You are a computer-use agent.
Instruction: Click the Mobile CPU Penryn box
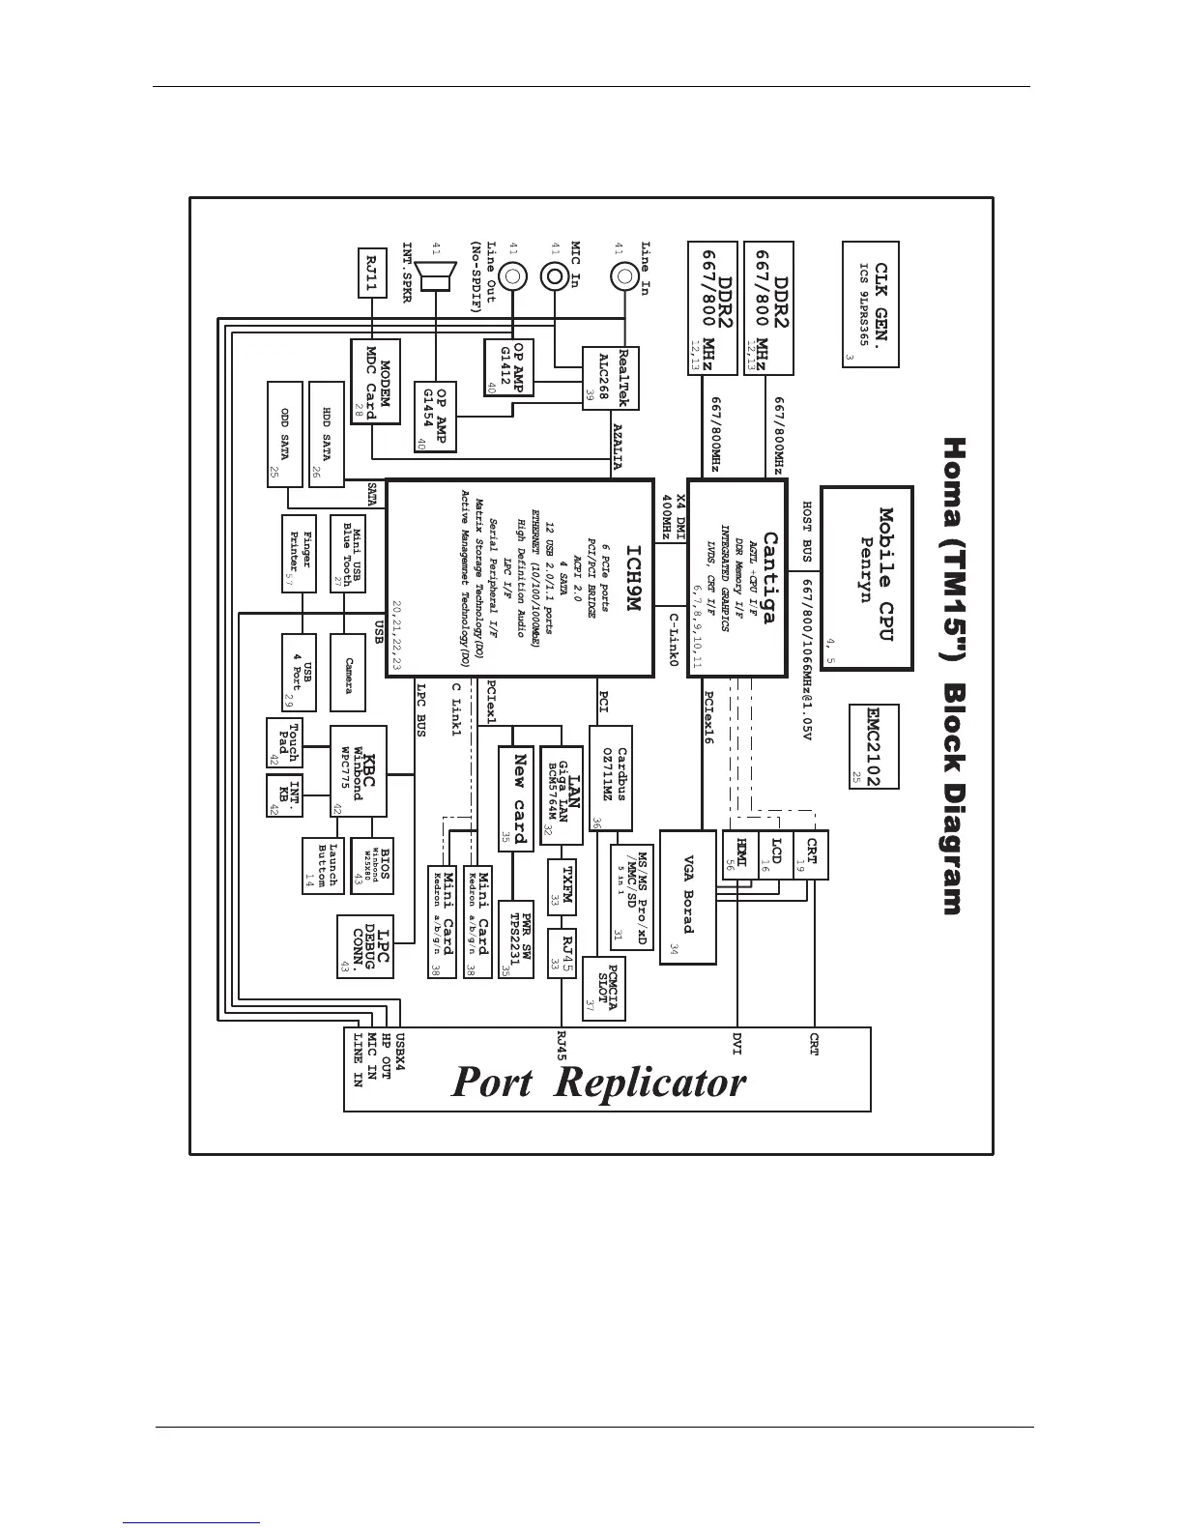coord(867,577)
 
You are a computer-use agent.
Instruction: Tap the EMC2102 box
coord(872,745)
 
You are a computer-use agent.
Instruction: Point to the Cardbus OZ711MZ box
coord(611,778)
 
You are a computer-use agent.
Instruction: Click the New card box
coord(517,797)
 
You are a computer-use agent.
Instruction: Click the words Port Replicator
coord(599,1082)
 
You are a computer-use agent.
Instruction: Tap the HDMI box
coord(740,854)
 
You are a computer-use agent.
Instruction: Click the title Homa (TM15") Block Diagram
coord(953,677)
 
